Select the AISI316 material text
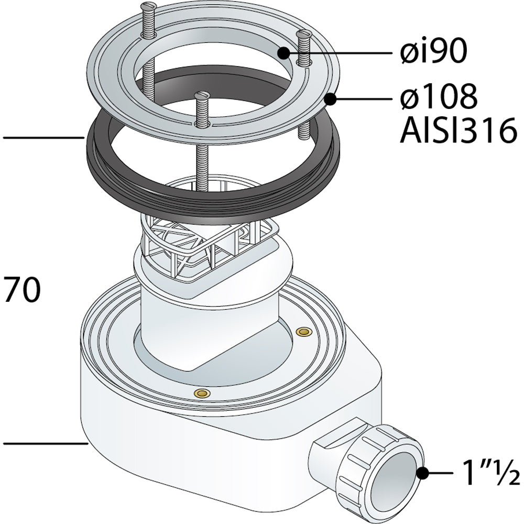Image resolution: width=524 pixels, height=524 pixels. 458,130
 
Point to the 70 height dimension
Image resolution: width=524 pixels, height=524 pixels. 22,290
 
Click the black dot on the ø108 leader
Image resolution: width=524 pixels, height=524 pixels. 331,99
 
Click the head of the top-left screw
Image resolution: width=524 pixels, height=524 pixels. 149,6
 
